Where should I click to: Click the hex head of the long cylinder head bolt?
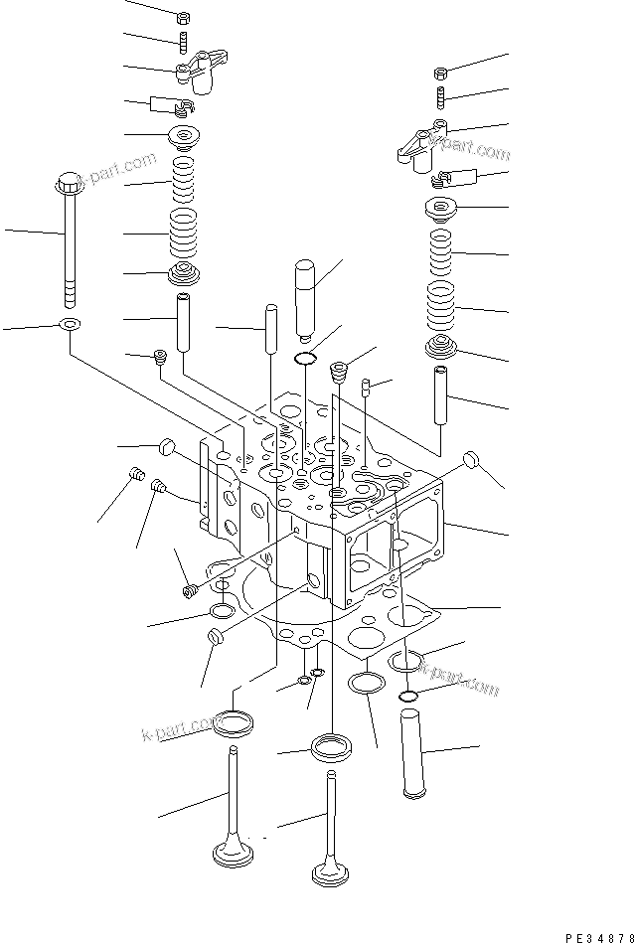70,186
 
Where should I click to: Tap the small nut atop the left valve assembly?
183,18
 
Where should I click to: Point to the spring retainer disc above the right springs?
441,209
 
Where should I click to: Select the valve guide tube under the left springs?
185,321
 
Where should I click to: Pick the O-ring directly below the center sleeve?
307,357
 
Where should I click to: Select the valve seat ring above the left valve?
232,721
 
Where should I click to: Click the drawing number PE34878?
596,934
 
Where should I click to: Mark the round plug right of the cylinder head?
473,461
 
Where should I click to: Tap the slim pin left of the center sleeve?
270,332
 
